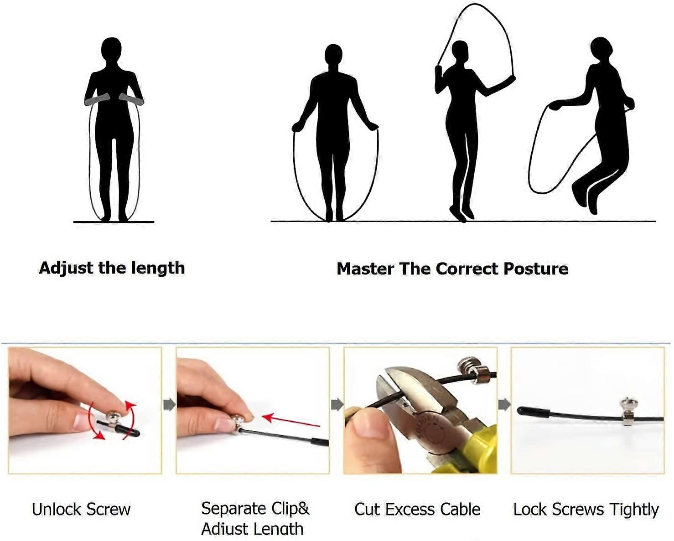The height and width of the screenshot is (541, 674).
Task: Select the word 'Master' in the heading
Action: pyautogui.click(x=365, y=268)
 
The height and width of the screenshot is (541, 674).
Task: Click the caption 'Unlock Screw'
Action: pyautogui.click(x=81, y=510)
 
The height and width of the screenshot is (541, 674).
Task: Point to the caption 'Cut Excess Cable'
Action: pyautogui.click(x=417, y=510)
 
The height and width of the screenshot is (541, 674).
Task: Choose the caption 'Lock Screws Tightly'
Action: pyautogui.click(x=586, y=510)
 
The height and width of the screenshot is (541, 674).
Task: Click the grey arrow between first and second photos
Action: pyautogui.click(x=169, y=405)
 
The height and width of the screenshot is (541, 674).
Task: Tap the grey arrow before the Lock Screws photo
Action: pyautogui.click(x=504, y=405)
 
